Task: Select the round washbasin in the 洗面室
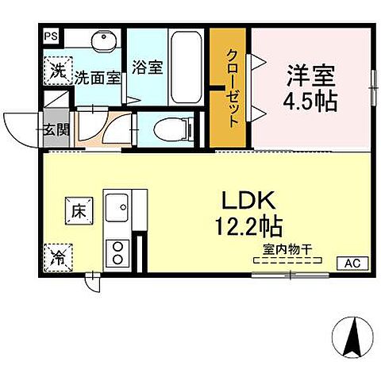(101, 42)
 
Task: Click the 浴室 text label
(148, 67)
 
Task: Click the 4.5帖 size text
(312, 102)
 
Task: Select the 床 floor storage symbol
(78, 212)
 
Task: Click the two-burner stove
(118, 251)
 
